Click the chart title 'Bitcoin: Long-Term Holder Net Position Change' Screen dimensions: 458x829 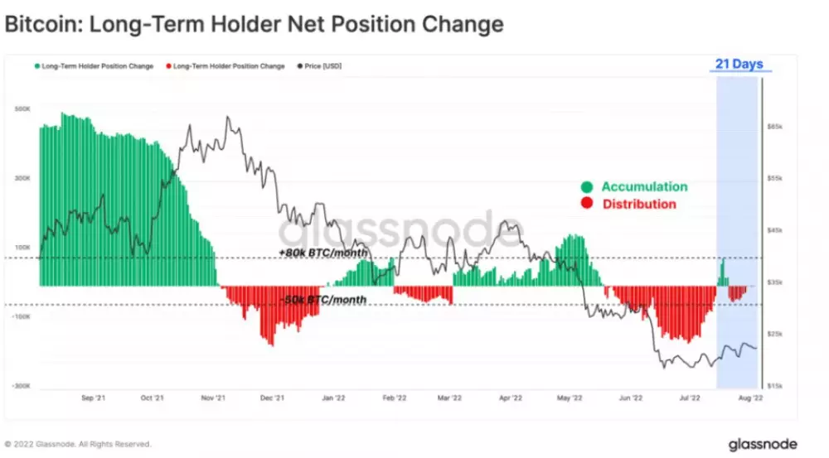tap(254, 24)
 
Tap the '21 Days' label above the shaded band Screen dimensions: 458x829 tap(739, 64)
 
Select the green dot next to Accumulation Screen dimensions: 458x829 tap(587, 187)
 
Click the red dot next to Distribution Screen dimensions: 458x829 tap(587, 205)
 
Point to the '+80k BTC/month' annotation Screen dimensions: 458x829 tap(324, 252)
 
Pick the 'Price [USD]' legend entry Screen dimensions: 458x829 tap(321, 66)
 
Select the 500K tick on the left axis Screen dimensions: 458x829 tap(23, 109)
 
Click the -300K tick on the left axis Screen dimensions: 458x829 tap(22, 386)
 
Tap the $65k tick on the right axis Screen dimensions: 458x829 tap(774, 128)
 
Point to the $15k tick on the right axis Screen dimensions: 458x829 tap(774, 386)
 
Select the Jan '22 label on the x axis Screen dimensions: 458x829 tap(334, 398)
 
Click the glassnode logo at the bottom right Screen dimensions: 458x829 tap(763, 445)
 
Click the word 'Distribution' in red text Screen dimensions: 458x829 tap(639, 205)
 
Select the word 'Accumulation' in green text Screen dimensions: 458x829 tap(644, 187)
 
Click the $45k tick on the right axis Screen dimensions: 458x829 tap(774, 230)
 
